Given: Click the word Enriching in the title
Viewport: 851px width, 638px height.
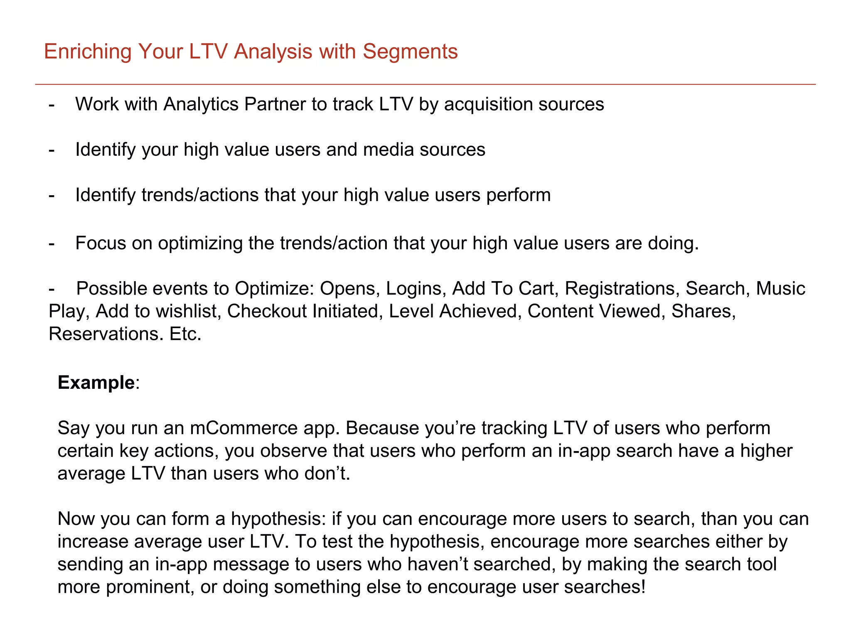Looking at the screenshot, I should coord(88,52).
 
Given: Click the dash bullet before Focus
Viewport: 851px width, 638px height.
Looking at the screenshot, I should coord(52,243).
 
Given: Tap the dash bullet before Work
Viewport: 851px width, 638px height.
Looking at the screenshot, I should coord(52,104).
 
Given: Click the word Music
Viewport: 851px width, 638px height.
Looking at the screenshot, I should coord(780,289).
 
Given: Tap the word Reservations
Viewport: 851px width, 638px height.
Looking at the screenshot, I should coord(106,334).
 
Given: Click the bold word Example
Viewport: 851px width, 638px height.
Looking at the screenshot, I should coord(96,383).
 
